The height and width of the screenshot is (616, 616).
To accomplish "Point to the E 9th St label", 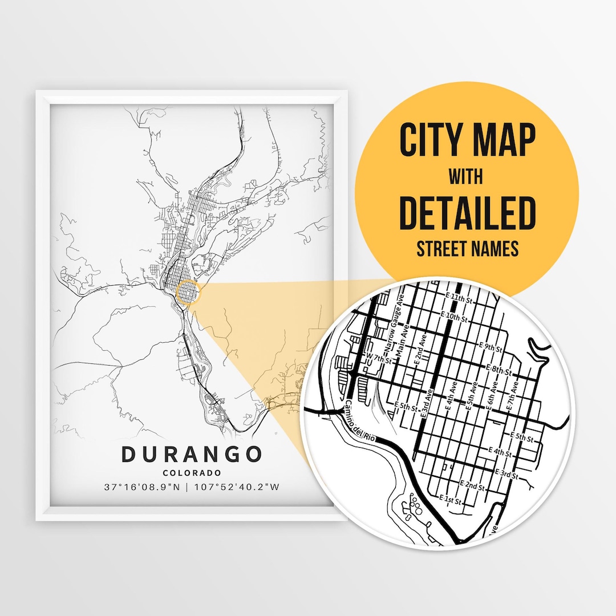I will coord(491,347).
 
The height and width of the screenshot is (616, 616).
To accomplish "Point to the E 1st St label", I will coord(451,500).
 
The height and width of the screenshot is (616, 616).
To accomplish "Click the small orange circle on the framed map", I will coord(189,293).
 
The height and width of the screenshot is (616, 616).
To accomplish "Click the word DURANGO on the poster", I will coord(191,454).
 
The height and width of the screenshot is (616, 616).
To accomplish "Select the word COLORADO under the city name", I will coord(192,473).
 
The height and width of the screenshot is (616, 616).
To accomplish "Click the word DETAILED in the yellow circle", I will coord(468,211).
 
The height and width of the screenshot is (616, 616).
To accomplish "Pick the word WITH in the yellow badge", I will coord(466,176).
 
